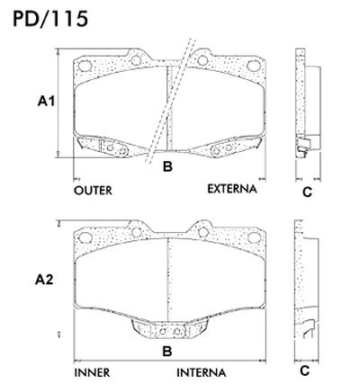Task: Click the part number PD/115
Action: coord(46,19)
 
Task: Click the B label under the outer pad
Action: coord(166,166)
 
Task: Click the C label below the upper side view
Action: coord(306,192)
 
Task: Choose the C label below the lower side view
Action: coord(304,371)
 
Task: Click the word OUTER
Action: coord(94,191)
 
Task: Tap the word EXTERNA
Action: coord(232,190)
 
